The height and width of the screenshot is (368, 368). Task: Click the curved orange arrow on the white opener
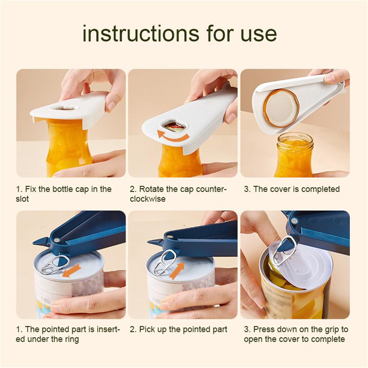click(173, 136)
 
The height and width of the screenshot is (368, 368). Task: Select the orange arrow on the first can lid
click(72, 270)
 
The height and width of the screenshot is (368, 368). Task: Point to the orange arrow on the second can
click(176, 271)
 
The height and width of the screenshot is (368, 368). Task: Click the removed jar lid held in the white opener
click(282, 104)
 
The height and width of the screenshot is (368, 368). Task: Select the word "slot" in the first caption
click(22, 199)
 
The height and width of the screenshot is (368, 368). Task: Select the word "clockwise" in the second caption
click(148, 199)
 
